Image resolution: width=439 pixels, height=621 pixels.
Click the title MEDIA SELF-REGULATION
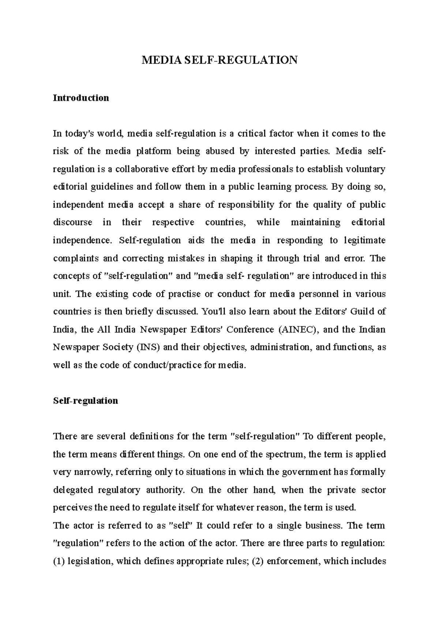pos(219,60)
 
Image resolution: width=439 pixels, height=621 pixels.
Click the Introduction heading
pos(81,98)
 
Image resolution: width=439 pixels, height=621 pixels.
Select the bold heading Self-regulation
pos(85,401)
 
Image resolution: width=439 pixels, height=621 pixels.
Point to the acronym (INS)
pos(148,347)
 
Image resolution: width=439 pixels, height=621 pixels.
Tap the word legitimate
pos(364,240)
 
